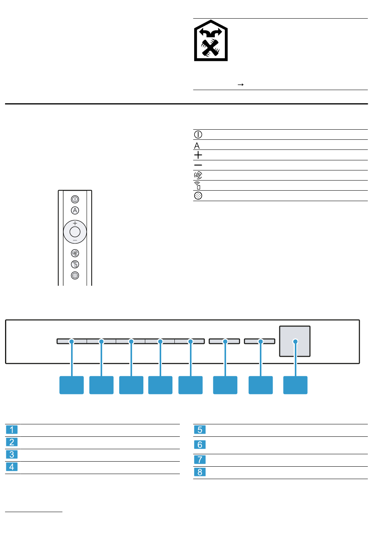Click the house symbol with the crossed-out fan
point(211,40)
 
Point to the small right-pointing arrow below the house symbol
point(240,85)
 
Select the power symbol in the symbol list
point(198,135)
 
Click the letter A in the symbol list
point(197,146)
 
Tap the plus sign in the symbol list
point(198,155)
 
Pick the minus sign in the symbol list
point(198,165)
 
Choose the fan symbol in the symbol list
point(198,175)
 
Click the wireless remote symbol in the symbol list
point(197,186)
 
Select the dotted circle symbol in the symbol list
point(198,196)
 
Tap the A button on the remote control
point(75,210)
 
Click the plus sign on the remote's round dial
point(75,223)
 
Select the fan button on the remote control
point(75,253)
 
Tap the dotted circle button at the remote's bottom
point(75,276)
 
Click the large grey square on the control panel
point(295,341)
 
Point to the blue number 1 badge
point(12,430)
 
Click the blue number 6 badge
point(200,445)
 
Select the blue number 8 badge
point(200,472)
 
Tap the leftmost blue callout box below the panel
point(71,385)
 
